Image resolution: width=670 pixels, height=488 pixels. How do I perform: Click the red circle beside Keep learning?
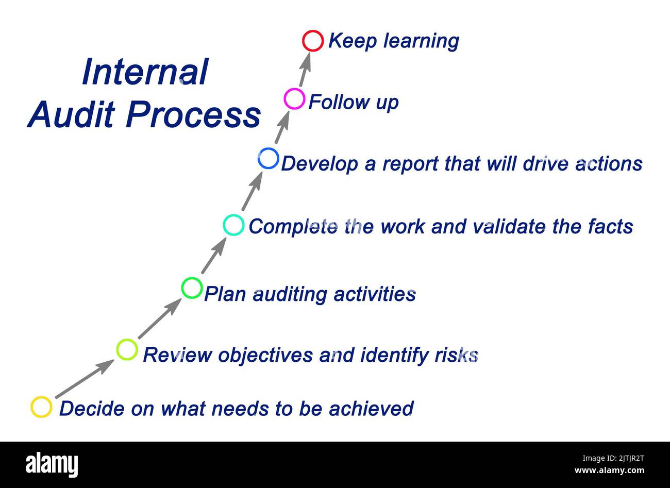(313, 41)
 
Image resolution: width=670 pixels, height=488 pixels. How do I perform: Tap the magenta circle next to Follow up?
(294, 98)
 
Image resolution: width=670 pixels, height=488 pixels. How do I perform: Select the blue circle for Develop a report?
(268, 158)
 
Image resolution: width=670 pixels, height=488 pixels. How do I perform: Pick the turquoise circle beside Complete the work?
(233, 225)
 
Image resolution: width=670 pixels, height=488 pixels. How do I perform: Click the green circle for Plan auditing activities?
(192, 288)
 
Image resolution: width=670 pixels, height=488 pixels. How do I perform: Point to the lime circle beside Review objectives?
(127, 349)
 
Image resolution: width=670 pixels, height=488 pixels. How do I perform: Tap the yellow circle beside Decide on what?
(41, 407)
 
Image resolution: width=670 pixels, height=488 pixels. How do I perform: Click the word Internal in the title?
(145, 72)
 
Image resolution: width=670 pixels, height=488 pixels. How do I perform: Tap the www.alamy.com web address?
(609, 470)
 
